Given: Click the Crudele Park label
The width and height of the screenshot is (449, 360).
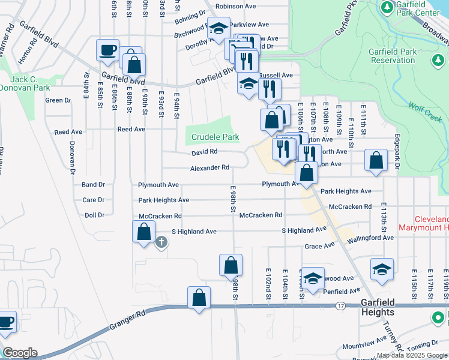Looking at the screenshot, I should coord(215,137).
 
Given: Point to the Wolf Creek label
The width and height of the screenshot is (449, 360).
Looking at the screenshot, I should coord(425,112).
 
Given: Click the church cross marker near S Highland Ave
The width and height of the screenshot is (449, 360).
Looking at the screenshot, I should coord(161,242).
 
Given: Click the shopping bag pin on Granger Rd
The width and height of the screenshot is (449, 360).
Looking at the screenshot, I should coord(199,298).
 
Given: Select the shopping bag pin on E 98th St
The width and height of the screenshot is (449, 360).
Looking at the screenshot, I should coord(231,265).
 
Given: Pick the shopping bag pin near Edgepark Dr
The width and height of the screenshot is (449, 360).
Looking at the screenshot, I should coord(376,161).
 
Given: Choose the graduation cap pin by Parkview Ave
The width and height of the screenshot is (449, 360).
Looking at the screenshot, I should coord(218,28).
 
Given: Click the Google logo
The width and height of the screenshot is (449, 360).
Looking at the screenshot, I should coord(19,353).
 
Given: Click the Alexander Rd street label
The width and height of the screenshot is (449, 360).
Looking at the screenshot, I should coord(209,168).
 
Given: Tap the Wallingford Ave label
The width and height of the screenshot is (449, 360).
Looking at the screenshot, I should coord(372,238).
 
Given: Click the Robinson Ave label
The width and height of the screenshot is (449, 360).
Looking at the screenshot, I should coord(236,6).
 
